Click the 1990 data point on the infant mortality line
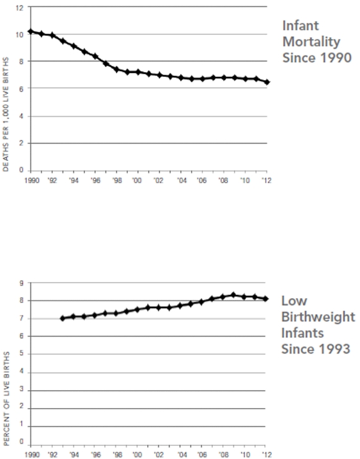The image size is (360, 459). pos(30,31)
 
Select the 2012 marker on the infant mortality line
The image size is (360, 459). pos(266,82)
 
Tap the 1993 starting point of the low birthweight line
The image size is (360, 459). pos(62,318)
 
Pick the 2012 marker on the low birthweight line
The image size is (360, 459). pos(266,299)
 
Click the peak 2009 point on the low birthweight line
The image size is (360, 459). pos(234,295)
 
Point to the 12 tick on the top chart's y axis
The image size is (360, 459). pos(20,7)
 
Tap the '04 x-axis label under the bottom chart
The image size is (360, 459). pos(181,453)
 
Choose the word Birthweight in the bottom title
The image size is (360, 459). pos(318,317)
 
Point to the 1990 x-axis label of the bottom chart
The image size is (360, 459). pos(30,453)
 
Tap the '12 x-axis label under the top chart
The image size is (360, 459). pos(266,180)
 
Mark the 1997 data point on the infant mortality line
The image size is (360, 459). pos(106,63)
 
